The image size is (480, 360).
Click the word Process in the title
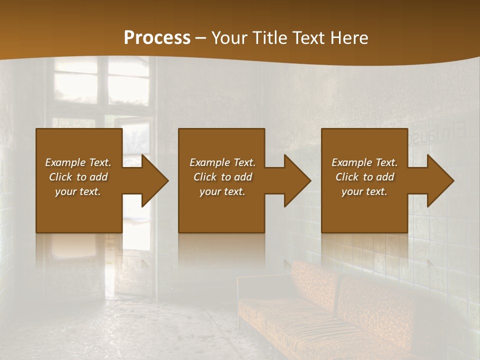click(157, 38)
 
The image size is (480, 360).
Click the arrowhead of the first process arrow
click(155, 180)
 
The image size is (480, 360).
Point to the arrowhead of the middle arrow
click(297, 180)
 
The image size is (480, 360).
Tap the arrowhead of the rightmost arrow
click(440, 180)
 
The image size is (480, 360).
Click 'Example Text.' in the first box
click(78, 162)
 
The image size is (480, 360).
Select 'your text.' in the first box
click(78, 191)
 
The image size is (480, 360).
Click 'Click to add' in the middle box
click(222, 177)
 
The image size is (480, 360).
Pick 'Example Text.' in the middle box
click(222, 162)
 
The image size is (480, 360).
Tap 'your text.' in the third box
click(364, 191)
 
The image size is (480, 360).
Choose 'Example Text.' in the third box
click(364, 162)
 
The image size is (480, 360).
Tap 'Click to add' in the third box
click(364, 177)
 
